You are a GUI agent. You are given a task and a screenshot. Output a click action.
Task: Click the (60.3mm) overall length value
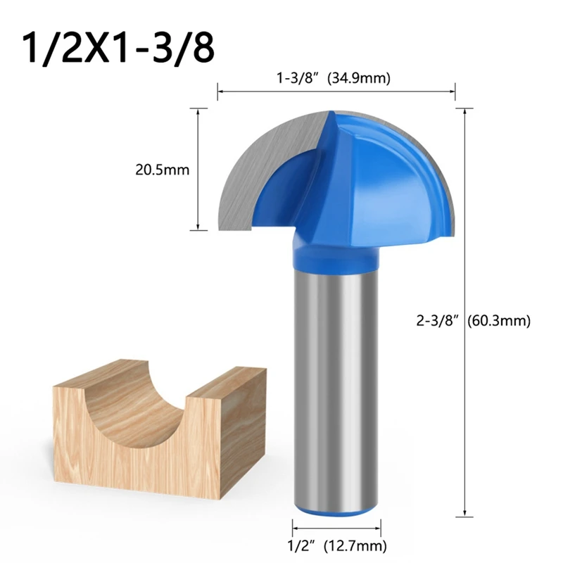tap(501, 321)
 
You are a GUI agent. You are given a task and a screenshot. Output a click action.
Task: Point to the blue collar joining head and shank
tap(336, 253)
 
